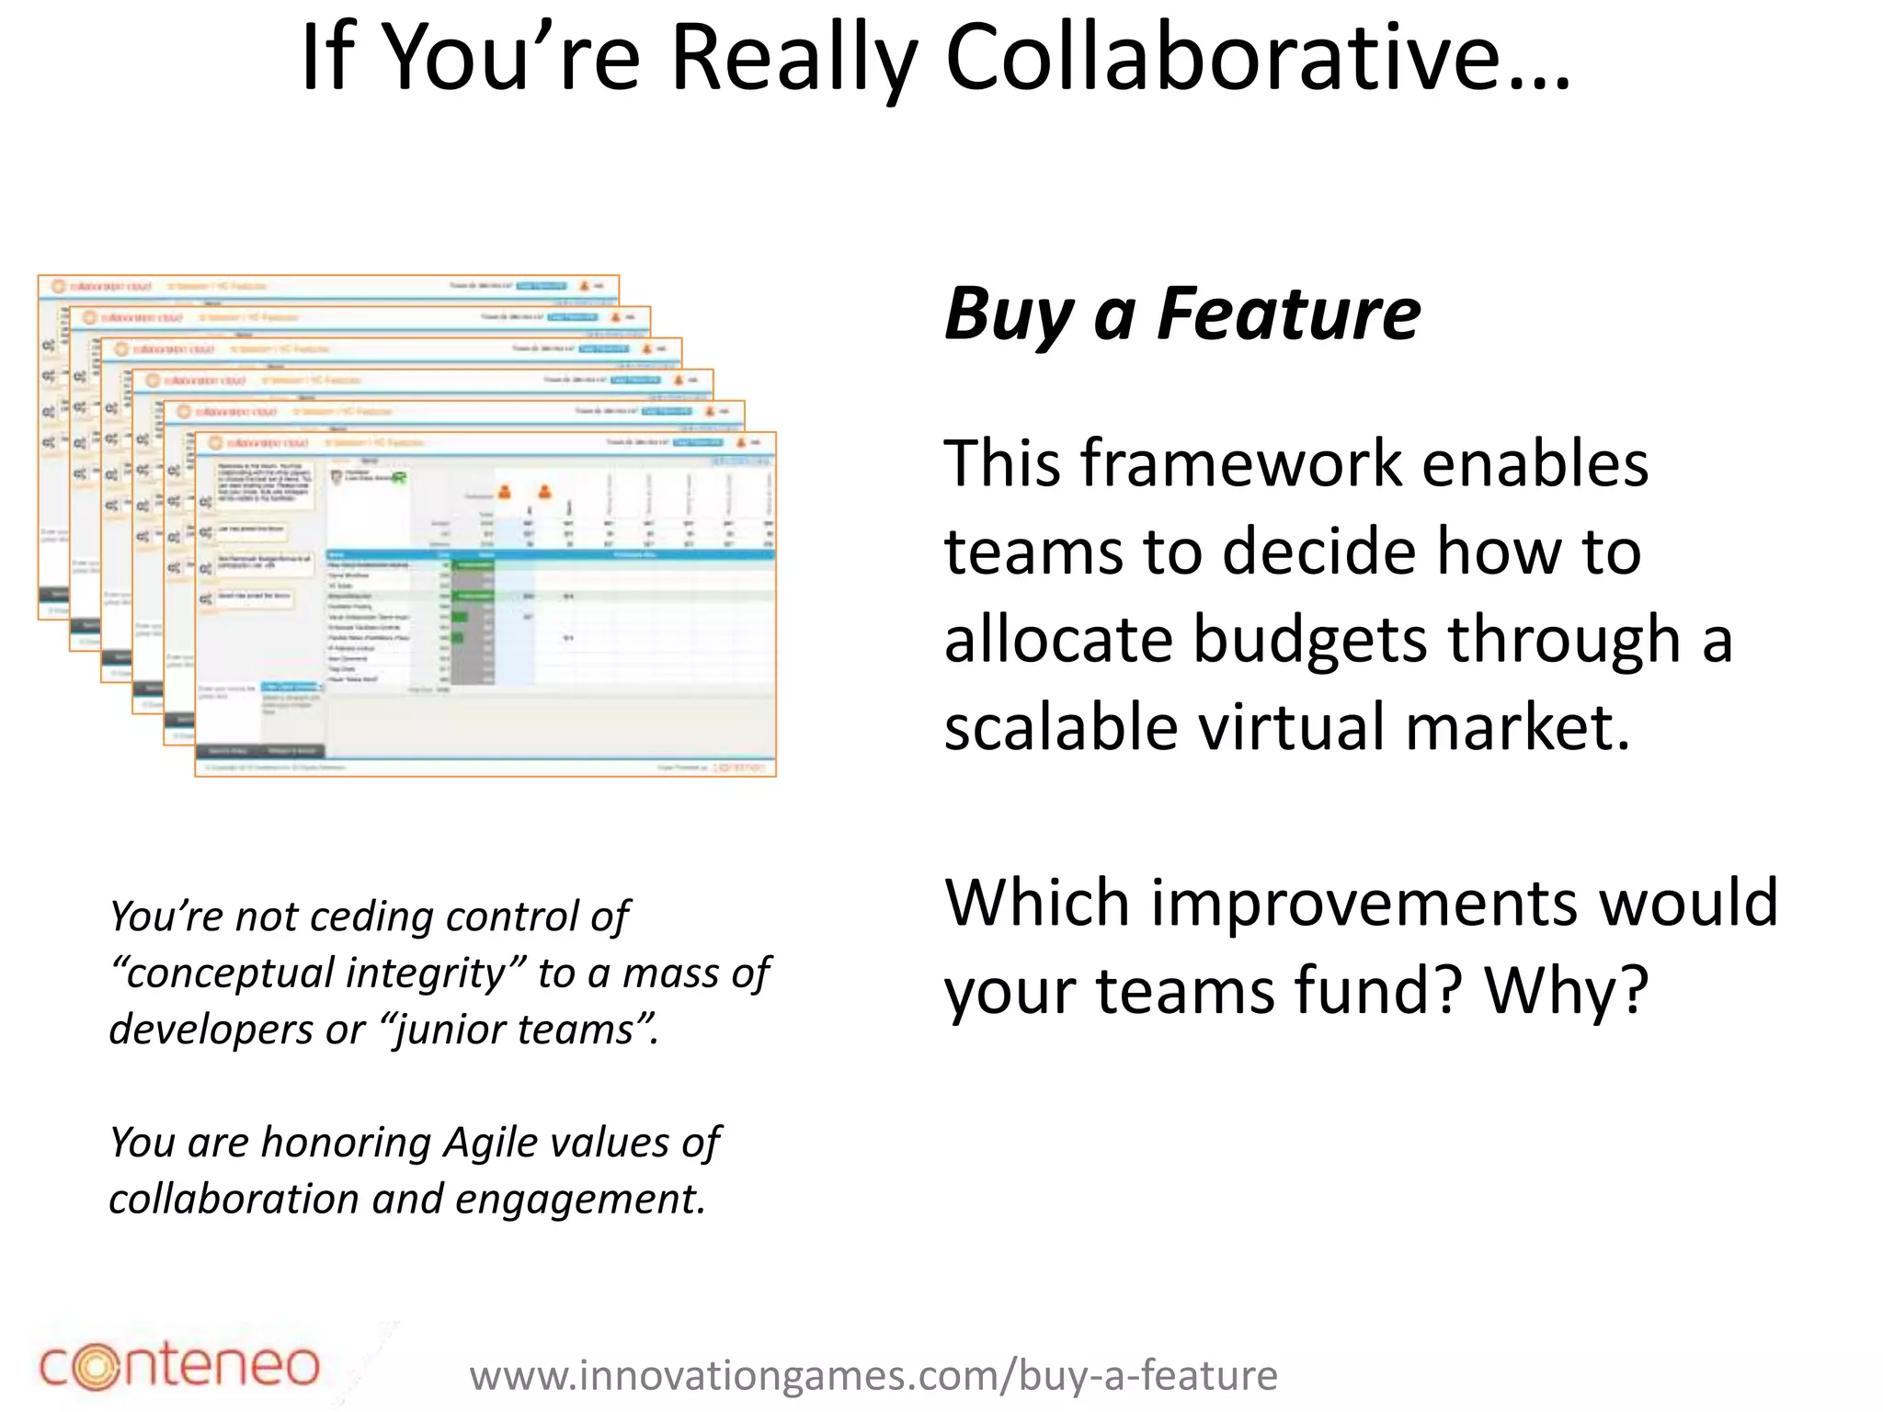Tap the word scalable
pos(1061,727)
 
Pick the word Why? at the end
pos(1567,991)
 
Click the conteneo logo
pos(179,1365)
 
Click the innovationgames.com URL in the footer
pos(873,1376)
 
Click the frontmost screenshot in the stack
pos(485,604)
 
